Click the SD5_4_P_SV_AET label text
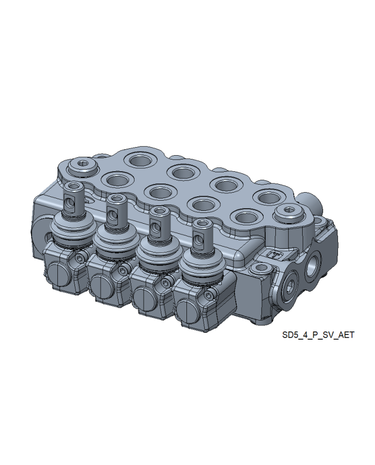[x=318, y=335]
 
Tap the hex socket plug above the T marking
[x=288, y=212]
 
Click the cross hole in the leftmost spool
[x=69, y=203]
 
